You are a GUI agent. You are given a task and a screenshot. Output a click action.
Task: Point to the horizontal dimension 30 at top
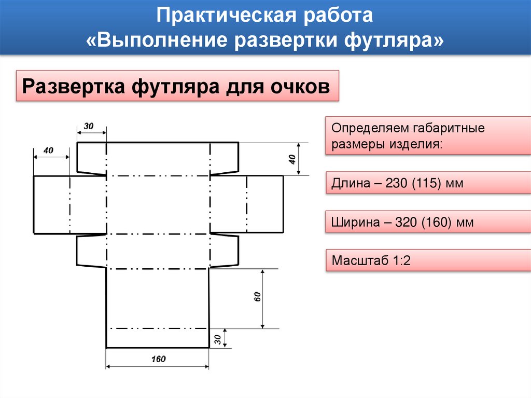coord(89,126)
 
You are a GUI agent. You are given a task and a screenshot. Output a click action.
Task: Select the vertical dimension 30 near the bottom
coord(217,339)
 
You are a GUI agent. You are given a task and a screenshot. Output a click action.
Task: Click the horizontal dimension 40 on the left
coord(48,150)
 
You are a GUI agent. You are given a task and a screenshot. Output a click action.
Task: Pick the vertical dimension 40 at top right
coord(292,159)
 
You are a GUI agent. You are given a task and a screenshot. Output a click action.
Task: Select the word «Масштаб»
coord(358,260)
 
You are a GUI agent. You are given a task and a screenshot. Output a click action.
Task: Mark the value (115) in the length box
coord(427,183)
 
